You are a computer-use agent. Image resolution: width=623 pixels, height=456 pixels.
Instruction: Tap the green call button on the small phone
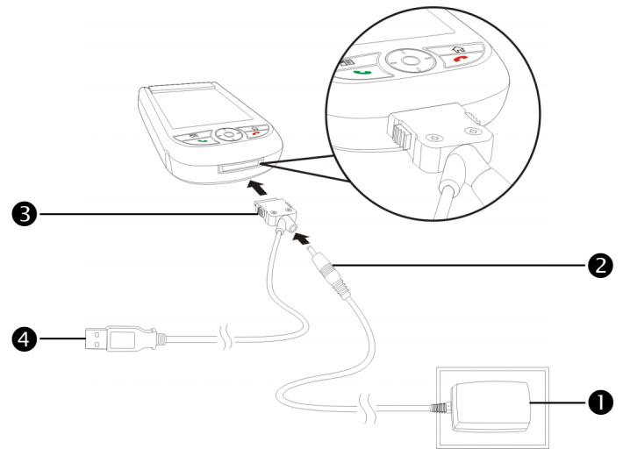point(204,141)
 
